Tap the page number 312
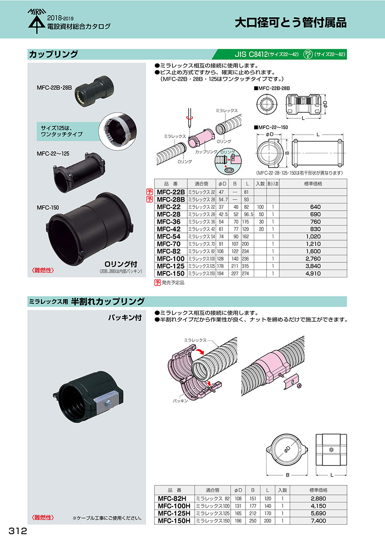tap(18, 531)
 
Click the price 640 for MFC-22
tap(315, 207)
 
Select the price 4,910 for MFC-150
tap(313, 273)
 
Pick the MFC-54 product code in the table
tap(169, 237)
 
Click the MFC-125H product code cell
tap(174, 513)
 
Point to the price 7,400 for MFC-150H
tap(318, 520)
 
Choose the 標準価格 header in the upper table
tap(313, 184)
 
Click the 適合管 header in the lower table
tap(213, 490)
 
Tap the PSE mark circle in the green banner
tap(308, 54)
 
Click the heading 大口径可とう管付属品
tap(290, 23)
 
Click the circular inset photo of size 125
tap(118, 131)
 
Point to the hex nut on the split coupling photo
tap(109, 404)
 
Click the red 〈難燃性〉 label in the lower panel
tap(43, 518)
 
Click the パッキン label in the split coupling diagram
tap(181, 401)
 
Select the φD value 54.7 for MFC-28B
tap(223, 200)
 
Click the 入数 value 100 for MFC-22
tap(260, 207)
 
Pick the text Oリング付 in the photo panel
tap(121, 264)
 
